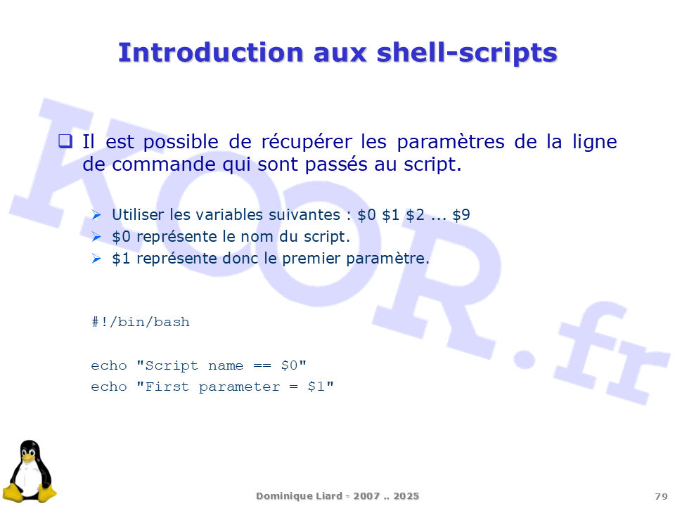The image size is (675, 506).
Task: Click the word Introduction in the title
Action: [x=211, y=53]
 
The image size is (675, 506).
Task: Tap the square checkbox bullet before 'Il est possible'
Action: [x=65, y=141]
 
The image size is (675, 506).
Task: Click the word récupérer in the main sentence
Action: [x=307, y=142]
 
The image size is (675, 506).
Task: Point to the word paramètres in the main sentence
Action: [x=450, y=143]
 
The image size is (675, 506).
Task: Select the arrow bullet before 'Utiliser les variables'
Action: [x=96, y=215]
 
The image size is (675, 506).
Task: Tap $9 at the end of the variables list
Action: [x=461, y=215]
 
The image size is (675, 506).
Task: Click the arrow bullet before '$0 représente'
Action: [x=96, y=237]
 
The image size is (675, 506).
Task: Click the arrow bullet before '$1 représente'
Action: [x=96, y=259]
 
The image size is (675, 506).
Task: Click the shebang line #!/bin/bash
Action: [x=141, y=322]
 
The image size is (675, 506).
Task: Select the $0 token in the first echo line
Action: [x=289, y=365]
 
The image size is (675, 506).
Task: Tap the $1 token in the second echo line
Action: [x=316, y=387]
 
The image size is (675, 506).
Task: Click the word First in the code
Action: [x=167, y=387]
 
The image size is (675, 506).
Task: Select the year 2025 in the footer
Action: [x=406, y=496]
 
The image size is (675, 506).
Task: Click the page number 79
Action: [x=661, y=497]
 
